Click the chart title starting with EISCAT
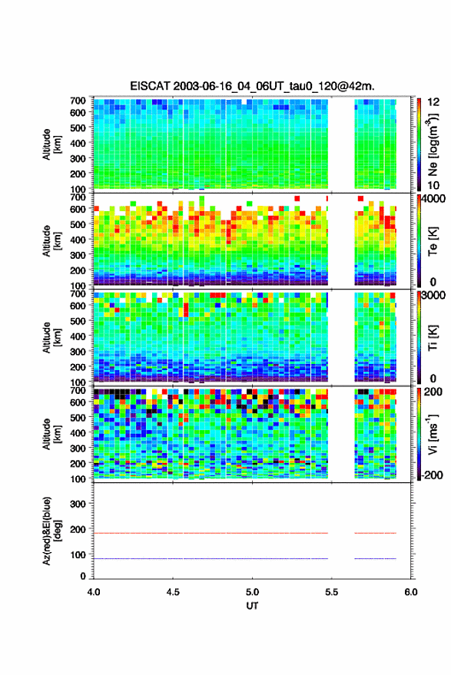point(253,86)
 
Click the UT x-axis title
point(252,606)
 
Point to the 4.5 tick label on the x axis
point(173,592)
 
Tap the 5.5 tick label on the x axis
point(331,592)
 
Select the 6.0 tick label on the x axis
point(410,592)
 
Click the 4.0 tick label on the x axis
point(94,592)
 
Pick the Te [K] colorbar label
point(433,241)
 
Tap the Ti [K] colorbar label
point(433,338)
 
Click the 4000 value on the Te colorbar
point(433,200)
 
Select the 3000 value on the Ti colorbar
point(433,296)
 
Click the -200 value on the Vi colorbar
point(433,475)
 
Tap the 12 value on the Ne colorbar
point(433,102)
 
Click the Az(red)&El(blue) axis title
point(52,531)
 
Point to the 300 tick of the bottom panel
point(78,504)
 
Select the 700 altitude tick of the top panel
point(78,101)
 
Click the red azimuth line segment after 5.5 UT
point(375,533)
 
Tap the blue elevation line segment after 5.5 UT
point(375,558)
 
